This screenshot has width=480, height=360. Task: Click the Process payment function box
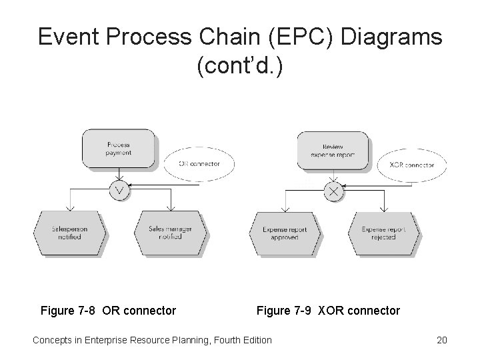pos(118,149)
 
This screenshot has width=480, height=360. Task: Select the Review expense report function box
pos(333,151)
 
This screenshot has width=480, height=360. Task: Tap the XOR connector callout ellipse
pos(411,165)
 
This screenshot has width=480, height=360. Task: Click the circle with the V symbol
pos(121,190)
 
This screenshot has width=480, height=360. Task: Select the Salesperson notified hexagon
pos(69,233)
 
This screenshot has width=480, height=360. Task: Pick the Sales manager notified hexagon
pos(171,233)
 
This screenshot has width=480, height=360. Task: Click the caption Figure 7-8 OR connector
pos(108,311)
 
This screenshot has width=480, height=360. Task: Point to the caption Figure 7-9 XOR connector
pos(328,311)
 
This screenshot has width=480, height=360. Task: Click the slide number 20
pos(441,340)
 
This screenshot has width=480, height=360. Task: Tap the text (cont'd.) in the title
pos(240,67)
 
